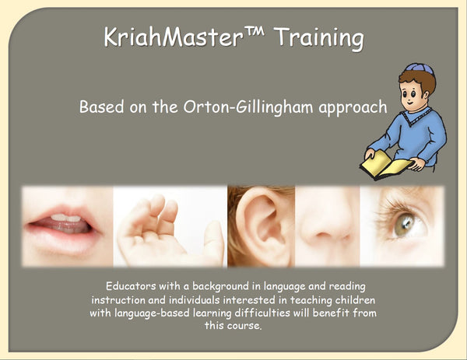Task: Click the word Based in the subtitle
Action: click(100, 107)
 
